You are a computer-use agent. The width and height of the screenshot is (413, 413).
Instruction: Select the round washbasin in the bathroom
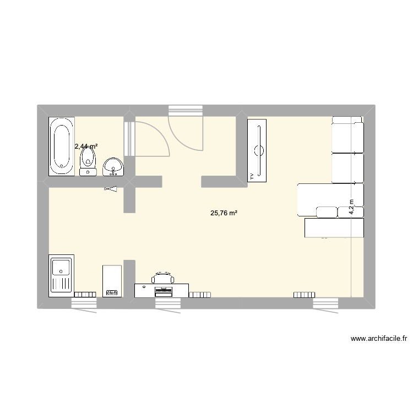tap(113, 165)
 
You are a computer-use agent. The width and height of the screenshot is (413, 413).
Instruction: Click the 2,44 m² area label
tap(86, 146)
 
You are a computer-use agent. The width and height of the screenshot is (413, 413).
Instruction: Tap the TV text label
tap(252, 176)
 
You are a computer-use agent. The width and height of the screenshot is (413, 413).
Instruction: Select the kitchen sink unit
tap(61, 275)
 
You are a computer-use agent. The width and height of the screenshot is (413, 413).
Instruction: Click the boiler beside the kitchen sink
tap(112, 280)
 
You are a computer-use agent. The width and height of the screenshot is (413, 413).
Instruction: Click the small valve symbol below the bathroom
tap(111, 189)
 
